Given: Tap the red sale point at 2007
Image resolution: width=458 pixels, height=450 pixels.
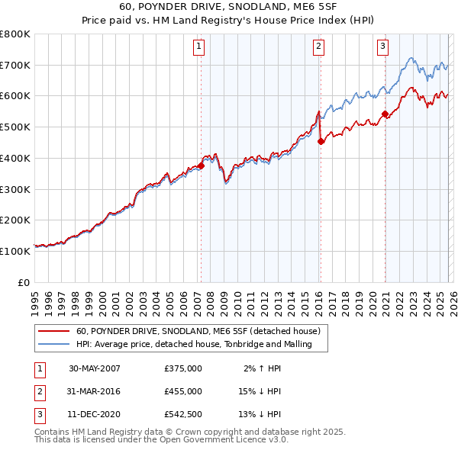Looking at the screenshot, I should coord(201,165).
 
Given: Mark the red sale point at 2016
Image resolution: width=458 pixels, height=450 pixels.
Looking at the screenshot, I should coord(321,140).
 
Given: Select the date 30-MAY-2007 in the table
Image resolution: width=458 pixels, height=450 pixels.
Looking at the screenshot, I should coord(95,368).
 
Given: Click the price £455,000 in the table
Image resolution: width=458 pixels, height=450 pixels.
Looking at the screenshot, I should coord(183,391).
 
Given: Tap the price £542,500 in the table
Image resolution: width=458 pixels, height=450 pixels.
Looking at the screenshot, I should coord(183,414).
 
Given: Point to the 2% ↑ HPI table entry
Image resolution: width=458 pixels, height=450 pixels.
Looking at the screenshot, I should coord(260,368).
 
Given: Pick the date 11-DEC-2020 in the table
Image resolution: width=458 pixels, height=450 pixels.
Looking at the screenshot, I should coord(95,414).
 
